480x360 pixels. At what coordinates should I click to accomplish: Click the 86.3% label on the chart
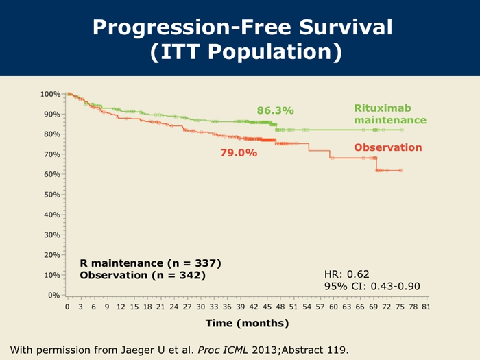tap(275, 110)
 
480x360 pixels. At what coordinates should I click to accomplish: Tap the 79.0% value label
tap(238, 153)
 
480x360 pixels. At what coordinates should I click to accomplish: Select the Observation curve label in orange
tap(387, 147)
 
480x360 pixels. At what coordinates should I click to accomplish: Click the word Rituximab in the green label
tap(382, 108)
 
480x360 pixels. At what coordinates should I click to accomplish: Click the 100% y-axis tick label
tap(50, 94)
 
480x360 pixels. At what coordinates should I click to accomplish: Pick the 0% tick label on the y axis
tap(54, 296)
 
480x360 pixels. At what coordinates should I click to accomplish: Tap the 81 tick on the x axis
tap(426, 307)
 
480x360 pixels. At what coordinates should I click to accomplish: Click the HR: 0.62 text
tap(346, 274)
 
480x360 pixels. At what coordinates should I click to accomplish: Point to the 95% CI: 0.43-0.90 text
tap(370, 286)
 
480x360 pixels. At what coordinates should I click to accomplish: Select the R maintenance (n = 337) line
tap(150, 263)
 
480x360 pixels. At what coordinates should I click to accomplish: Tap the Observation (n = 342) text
tap(143, 275)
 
